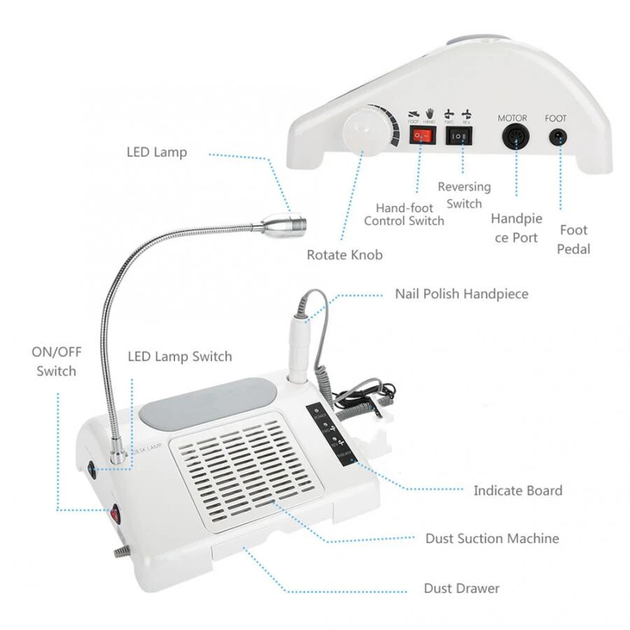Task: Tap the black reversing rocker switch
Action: pyautogui.click(x=458, y=135)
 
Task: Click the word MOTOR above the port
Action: pyautogui.click(x=512, y=118)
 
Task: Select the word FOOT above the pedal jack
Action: pyautogui.click(x=556, y=118)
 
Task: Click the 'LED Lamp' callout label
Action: pyautogui.click(x=157, y=152)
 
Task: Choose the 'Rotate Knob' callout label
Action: pyautogui.click(x=344, y=255)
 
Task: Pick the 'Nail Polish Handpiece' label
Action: pyautogui.click(x=461, y=293)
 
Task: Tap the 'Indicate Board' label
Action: pyautogui.click(x=517, y=491)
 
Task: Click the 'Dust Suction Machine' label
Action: pyautogui.click(x=492, y=538)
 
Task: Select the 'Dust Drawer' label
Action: pyautogui.click(x=461, y=588)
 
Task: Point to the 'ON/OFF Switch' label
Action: pyautogui.click(x=57, y=362)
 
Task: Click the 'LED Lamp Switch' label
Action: pyautogui.click(x=179, y=357)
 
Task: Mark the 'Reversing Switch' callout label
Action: pyautogui.click(x=464, y=195)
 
